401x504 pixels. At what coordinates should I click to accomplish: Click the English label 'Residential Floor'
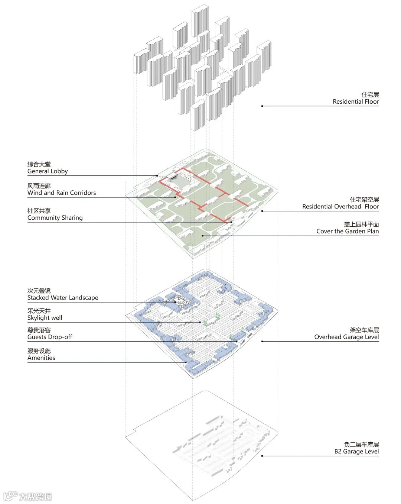coord(356,101)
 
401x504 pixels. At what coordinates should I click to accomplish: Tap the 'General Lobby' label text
coord(48,171)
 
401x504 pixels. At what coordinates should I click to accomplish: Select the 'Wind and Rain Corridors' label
coord(62,193)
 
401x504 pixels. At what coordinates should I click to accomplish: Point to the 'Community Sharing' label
coord(55,218)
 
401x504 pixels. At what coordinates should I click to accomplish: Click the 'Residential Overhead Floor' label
coord(340,207)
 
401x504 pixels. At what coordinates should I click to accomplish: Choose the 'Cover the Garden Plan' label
coord(348,231)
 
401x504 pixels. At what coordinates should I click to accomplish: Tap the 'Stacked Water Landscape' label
coord(63,298)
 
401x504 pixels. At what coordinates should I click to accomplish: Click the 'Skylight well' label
coord(45,318)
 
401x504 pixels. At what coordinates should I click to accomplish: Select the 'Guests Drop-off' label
coord(50,337)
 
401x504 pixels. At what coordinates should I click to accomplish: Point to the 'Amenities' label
coord(41,358)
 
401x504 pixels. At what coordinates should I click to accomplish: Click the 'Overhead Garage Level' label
coord(346,337)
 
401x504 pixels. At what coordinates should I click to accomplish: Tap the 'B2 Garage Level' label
coord(356,452)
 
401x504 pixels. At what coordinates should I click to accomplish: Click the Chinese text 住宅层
coord(370,95)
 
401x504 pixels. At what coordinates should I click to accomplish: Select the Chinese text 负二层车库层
coord(361,445)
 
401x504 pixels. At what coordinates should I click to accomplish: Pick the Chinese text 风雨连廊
coord(39,186)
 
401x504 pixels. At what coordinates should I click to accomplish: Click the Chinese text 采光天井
coord(39,311)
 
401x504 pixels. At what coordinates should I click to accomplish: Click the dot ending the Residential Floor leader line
coord(262,106)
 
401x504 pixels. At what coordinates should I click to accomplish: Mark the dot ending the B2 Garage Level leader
coord(262,456)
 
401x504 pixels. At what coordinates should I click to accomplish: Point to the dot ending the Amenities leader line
coord(186,362)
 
